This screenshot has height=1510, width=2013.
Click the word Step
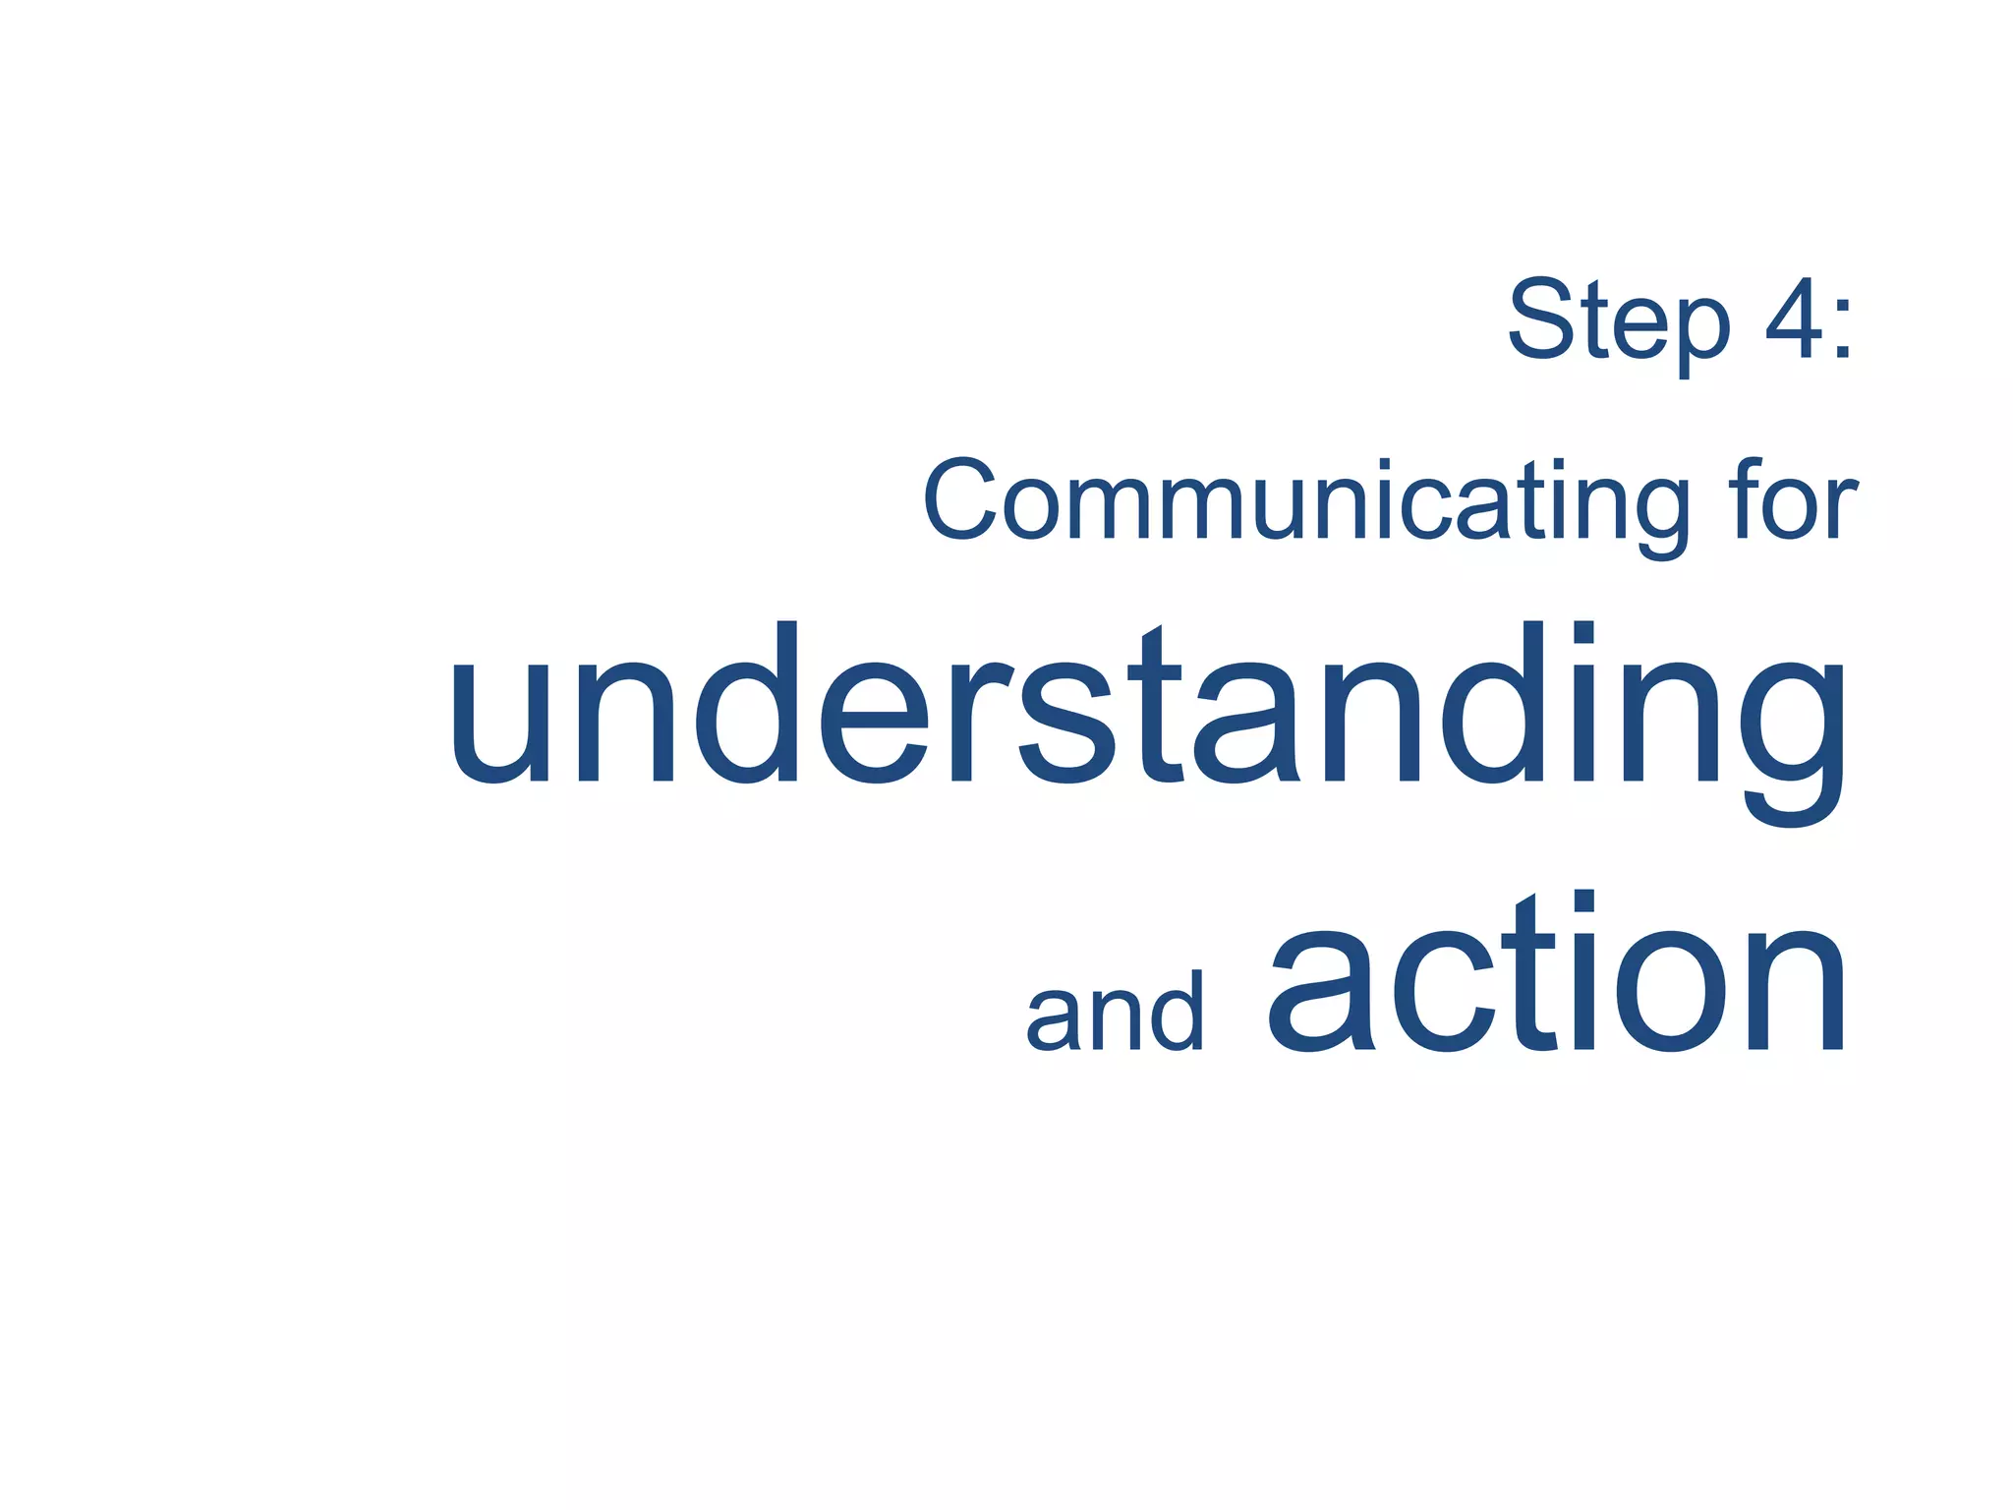(x=1618, y=320)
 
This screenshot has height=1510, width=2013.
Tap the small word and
(x=1114, y=1013)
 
